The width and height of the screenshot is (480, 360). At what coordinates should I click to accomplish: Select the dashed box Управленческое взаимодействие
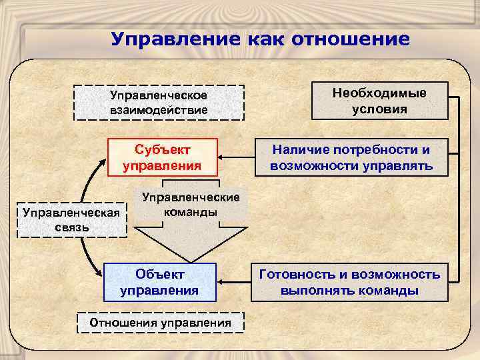(158, 102)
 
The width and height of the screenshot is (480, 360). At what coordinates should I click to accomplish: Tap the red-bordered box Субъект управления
(162, 157)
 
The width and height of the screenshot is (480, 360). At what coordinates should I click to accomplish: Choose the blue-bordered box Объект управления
(159, 282)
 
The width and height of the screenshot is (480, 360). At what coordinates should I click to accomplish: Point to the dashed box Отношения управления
(161, 323)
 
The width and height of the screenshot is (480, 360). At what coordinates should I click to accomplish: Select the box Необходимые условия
(379, 101)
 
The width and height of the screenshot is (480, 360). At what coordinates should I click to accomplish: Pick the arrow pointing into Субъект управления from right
(236, 158)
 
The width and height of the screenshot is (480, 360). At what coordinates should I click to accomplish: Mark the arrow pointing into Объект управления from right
(233, 282)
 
